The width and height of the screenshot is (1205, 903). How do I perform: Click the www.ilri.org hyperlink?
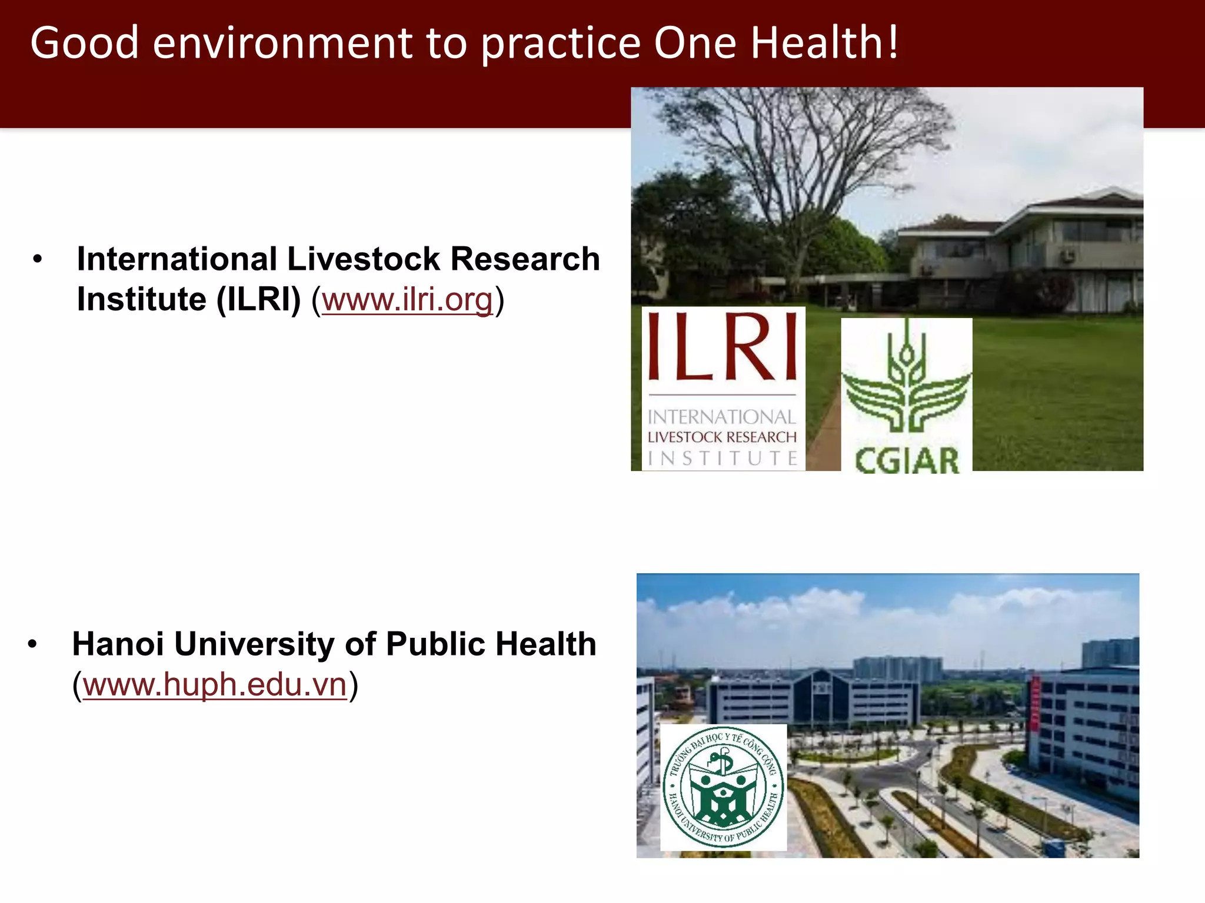tap(407, 299)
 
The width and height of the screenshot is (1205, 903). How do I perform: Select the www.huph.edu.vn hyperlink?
tap(215, 684)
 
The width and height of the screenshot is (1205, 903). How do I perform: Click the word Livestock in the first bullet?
tap(363, 259)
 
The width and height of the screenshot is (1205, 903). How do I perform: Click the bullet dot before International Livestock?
tap(38, 259)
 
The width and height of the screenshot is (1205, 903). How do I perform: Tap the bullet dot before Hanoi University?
tap(32, 644)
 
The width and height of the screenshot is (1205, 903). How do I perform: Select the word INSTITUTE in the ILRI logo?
tap(723, 458)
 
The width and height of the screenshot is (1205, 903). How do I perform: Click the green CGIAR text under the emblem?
tap(906, 460)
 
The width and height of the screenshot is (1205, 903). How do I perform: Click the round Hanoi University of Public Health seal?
tap(723, 787)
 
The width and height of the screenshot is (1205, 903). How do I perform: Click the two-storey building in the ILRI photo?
tap(1024, 253)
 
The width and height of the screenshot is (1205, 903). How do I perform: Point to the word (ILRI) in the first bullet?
tap(258, 299)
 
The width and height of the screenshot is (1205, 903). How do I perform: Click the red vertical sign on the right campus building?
tap(1035, 703)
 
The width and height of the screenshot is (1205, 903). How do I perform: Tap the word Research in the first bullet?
tap(525, 259)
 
